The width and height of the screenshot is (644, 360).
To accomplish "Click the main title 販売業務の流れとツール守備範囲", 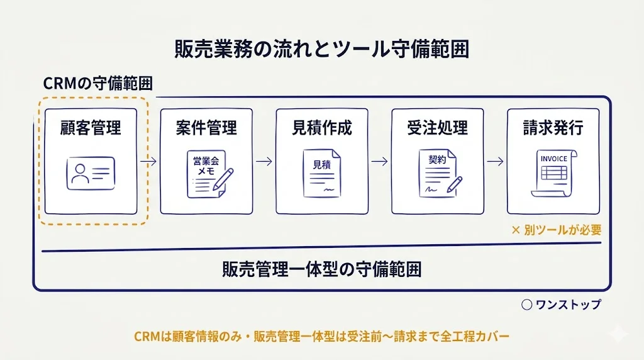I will (321, 50).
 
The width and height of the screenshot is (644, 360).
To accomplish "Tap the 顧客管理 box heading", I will (91, 128).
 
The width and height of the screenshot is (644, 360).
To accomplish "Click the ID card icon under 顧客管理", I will (91, 172).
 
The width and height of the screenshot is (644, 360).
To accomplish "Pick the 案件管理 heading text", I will (206, 128).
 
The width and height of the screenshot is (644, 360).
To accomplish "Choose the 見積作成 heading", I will (322, 128).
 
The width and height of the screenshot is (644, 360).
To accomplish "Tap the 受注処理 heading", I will (437, 128).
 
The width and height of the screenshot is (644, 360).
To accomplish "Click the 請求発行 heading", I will (553, 128).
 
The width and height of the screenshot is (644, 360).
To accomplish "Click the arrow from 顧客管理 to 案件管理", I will (148, 161).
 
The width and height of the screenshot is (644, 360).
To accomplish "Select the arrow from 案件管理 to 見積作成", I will (264, 161).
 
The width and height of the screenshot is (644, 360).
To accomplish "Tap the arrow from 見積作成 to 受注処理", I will (380, 161).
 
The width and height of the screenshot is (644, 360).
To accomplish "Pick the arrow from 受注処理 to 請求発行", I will (496, 161).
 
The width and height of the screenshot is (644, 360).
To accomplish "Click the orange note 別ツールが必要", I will (557, 230).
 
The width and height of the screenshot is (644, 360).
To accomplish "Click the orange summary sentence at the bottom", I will (321, 336).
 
